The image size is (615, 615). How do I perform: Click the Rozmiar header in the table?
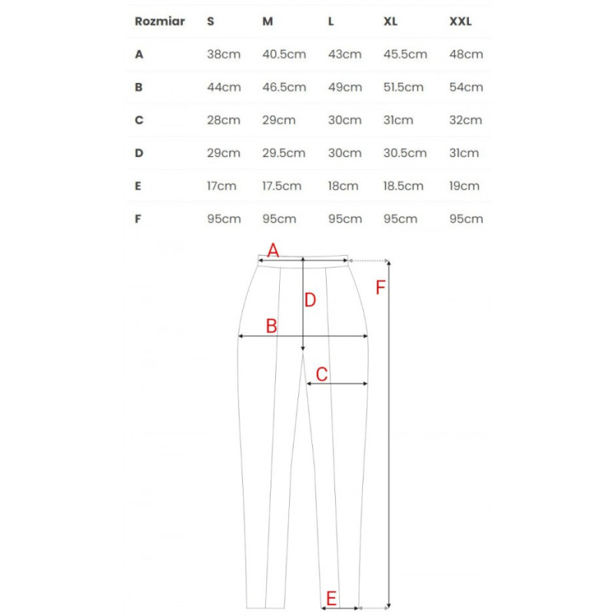point(159,22)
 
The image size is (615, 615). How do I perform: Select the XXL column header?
point(460,22)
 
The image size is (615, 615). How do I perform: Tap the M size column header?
point(268,22)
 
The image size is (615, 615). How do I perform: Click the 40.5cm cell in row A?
point(284,55)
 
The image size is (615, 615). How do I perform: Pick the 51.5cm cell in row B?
point(403,88)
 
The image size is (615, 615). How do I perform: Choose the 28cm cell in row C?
point(223,121)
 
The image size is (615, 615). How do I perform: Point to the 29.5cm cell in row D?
point(284,153)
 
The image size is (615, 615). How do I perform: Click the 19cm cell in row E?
point(465,186)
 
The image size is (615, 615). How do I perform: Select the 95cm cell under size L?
point(344,219)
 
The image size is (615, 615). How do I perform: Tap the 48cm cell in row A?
point(466,55)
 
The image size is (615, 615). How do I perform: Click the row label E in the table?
point(138,186)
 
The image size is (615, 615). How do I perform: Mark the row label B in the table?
point(138,88)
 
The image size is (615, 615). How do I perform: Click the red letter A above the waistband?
point(272,250)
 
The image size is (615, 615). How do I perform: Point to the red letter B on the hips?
point(271,326)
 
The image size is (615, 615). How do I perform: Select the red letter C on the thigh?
point(322,374)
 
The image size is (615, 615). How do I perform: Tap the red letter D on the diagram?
point(310,301)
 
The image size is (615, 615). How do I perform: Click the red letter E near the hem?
point(331,598)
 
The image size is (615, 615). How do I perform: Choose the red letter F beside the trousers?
point(380,288)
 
